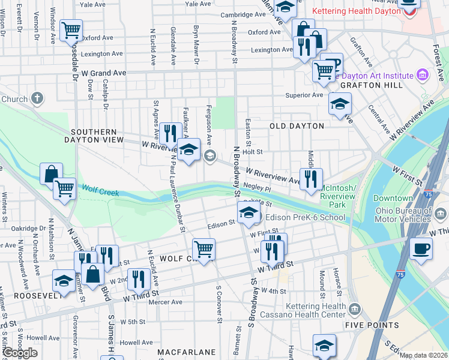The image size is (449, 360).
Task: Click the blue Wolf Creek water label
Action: (x=100, y=193)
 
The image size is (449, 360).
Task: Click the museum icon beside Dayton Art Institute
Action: (x=422, y=75)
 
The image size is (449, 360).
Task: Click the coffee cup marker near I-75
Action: (x=421, y=248)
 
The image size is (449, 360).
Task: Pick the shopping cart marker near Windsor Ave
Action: (x=71, y=29)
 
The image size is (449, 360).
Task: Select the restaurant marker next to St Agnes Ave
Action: (x=170, y=133)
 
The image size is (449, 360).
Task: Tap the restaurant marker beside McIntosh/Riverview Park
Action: (x=310, y=178)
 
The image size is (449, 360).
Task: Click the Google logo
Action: (x=20, y=353)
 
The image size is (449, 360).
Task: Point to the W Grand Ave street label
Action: (x=104, y=73)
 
